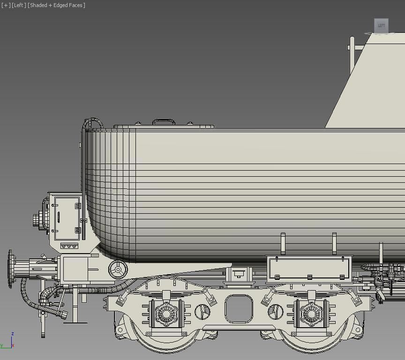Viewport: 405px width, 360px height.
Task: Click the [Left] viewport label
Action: tap(19, 5)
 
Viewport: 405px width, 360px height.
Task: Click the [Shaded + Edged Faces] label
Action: tap(56, 5)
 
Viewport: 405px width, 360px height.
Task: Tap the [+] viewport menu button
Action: tap(6, 5)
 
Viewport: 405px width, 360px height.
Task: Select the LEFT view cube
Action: tap(381, 25)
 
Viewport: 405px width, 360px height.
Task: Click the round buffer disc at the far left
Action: tap(10, 269)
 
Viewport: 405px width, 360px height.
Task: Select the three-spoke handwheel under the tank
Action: tap(118, 269)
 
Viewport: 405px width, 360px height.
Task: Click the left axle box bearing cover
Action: tap(166, 312)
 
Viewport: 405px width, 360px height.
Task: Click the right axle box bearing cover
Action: tap(311, 312)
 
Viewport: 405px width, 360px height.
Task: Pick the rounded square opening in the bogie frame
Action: tap(239, 309)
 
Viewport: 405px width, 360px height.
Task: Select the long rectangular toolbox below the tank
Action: tap(309, 269)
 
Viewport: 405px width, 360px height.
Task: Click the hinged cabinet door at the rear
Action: tap(66, 217)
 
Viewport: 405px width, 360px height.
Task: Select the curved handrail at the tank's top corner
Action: tap(92, 123)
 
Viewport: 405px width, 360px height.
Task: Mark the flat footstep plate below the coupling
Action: tap(75, 322)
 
